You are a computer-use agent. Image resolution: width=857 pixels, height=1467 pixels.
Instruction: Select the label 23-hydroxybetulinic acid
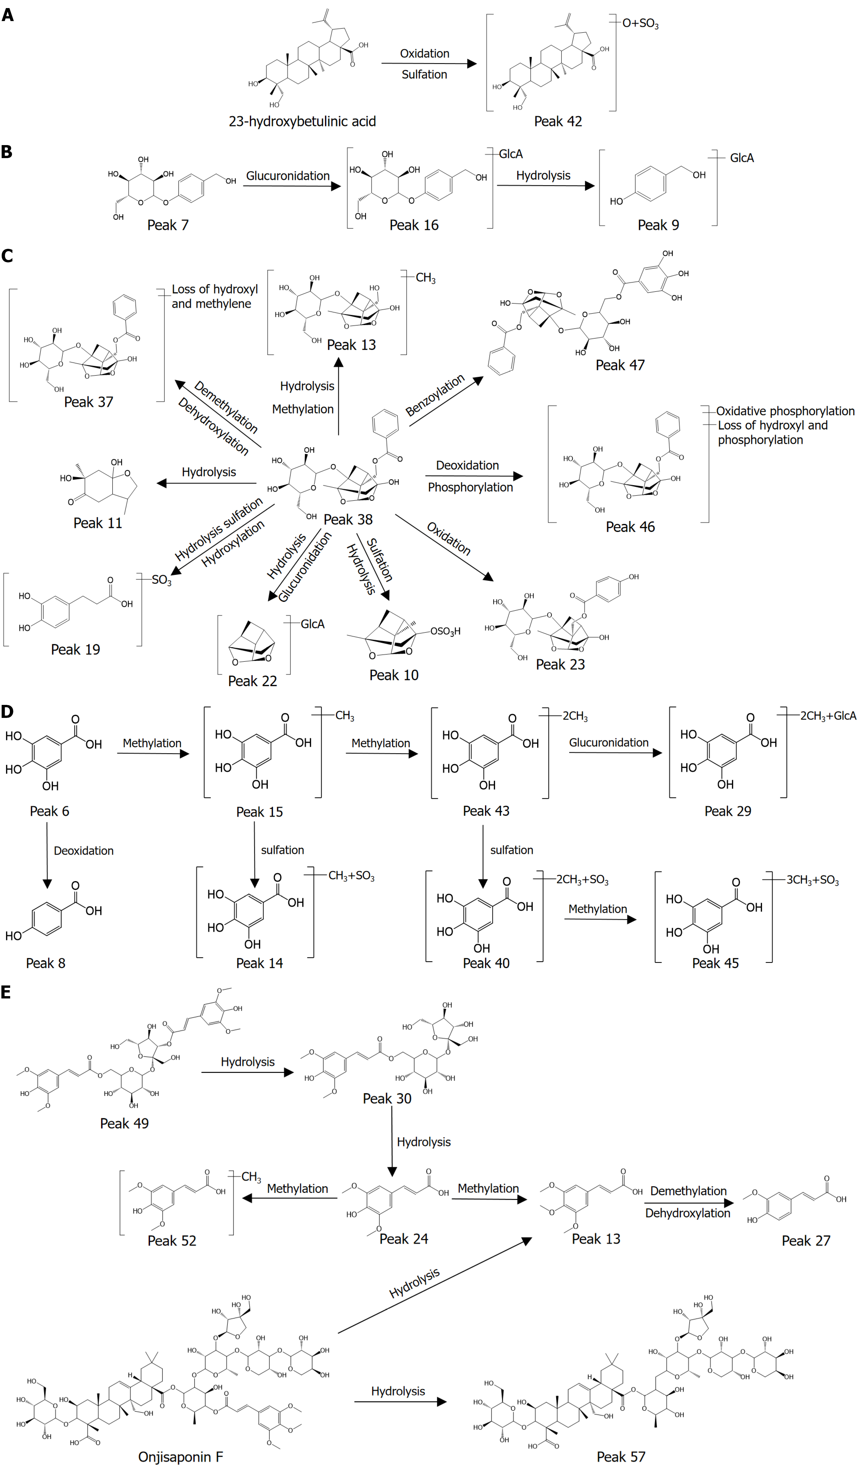click(302, 122)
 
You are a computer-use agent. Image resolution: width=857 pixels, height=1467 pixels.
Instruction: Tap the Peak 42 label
click(558, 122)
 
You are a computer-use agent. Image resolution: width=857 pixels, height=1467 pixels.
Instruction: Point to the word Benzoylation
click(435, 395)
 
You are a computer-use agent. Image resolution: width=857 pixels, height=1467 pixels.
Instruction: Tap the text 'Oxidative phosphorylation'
click(785, 411)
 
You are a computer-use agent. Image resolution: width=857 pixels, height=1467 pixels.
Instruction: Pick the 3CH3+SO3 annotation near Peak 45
click(812, 880)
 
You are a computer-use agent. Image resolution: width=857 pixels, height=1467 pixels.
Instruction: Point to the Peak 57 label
click(621, 1457)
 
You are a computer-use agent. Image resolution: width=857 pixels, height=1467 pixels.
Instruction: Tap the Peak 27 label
click(806, 1241)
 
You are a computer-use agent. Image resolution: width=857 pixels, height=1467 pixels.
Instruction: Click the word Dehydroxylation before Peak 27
click(687, 1213)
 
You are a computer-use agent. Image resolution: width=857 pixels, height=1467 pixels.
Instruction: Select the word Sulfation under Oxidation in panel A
click(424, 75)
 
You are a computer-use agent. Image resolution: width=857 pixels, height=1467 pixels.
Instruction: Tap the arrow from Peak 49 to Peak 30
click(248, 1072)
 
